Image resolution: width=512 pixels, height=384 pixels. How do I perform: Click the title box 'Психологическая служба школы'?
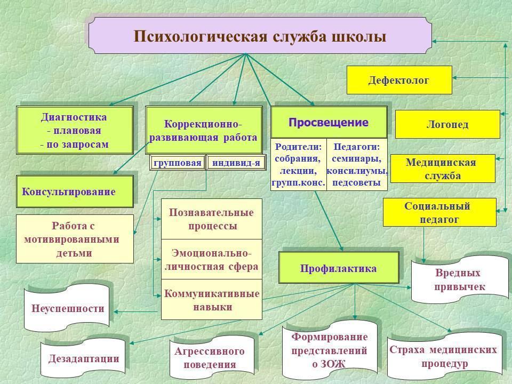[260, 36]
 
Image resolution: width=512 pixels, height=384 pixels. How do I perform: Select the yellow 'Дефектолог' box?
[399, 80]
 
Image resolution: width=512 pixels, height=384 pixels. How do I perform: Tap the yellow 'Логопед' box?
[447, 124]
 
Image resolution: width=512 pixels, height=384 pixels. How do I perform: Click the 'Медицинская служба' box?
[442, 169]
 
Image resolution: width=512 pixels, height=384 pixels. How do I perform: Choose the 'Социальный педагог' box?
[439, 212]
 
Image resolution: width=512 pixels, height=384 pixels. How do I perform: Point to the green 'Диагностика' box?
[74, 131]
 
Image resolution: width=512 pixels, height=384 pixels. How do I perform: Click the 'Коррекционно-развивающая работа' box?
[203, 131]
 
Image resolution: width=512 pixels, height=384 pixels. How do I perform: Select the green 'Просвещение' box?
[329, 123]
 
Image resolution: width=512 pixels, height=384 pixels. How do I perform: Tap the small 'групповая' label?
[178, 163]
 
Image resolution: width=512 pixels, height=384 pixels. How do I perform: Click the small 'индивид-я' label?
[236, 163]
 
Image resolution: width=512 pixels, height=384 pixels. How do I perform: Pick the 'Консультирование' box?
[74, 191]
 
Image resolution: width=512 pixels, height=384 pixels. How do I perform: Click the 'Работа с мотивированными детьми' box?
[74, 239]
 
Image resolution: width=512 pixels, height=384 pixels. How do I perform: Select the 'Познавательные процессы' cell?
[212, 219]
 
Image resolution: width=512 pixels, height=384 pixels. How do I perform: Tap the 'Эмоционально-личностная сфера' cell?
[212, 259]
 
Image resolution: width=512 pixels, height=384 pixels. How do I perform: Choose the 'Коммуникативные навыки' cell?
[212, 300]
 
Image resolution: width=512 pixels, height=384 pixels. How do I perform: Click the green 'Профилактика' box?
[338, 268]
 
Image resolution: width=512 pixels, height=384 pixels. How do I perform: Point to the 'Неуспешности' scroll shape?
[68, 308]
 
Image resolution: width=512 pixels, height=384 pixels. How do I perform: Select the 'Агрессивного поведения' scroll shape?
[210, 358]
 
